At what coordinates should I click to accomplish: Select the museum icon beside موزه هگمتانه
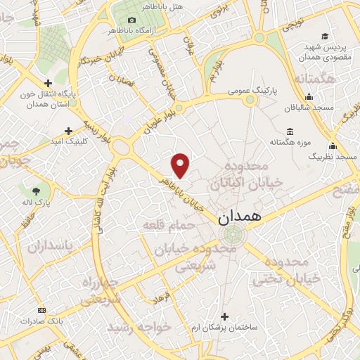(290, 131)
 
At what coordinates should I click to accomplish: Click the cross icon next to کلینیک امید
(68, 130)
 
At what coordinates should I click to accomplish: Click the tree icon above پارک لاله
(37, 189)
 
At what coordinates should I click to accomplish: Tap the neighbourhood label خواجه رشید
(140, 327)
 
